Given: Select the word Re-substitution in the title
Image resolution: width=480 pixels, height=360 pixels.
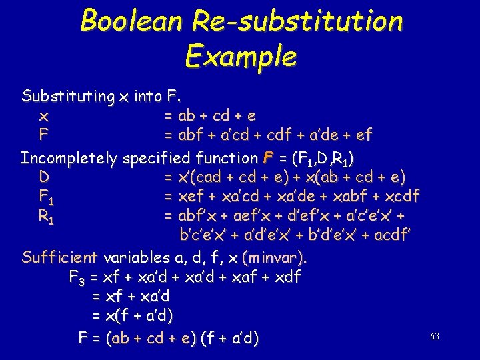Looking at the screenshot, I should (297, 21).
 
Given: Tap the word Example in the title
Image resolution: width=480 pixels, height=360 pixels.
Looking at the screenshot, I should (241, 56).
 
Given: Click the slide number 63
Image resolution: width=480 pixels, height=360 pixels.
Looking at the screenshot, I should (435, 337).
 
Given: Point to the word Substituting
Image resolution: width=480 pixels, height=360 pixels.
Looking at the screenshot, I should (67, 97).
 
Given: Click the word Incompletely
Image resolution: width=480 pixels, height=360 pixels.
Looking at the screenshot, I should (68, 159).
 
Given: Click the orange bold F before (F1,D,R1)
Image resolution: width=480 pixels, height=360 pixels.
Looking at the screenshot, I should (268, 159).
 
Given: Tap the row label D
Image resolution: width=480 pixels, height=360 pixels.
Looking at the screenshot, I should (43, 179).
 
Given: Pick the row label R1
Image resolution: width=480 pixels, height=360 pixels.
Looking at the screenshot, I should (45, 216).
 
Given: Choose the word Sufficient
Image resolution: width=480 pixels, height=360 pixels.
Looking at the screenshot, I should (59, 257).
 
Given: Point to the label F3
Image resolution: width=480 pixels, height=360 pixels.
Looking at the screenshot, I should (77, 277).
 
